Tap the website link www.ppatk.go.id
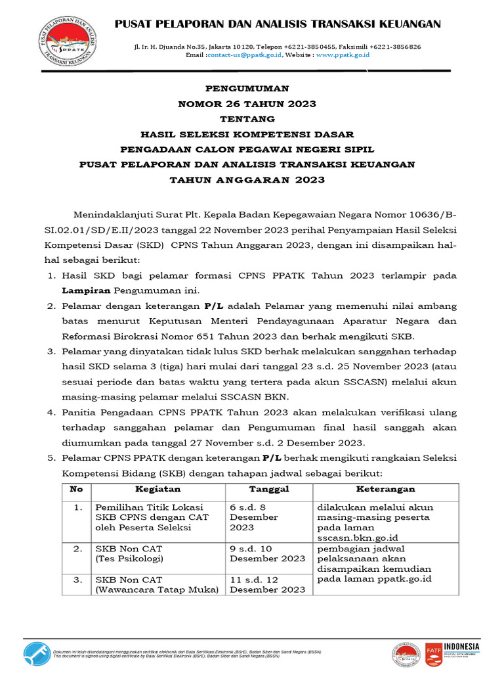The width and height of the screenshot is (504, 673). click(x=343, y=55)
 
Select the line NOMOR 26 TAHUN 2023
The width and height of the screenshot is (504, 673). click(x=247, y=103)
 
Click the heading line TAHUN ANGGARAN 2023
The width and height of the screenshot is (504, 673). click(x=247, y=179)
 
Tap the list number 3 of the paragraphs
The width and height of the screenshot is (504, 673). click(x=51, y=352)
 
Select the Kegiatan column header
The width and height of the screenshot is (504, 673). click(x=157, y=490)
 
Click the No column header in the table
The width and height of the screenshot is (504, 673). click(x=77, y=490)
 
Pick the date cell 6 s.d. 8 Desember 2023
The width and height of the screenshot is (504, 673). click(x=254, y=517)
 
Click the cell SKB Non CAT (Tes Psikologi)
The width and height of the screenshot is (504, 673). click(x=129, y=553)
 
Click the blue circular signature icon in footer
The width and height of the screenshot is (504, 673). click(x=36, y=653)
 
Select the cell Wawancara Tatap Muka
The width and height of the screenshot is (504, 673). click(x=157, y=590)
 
